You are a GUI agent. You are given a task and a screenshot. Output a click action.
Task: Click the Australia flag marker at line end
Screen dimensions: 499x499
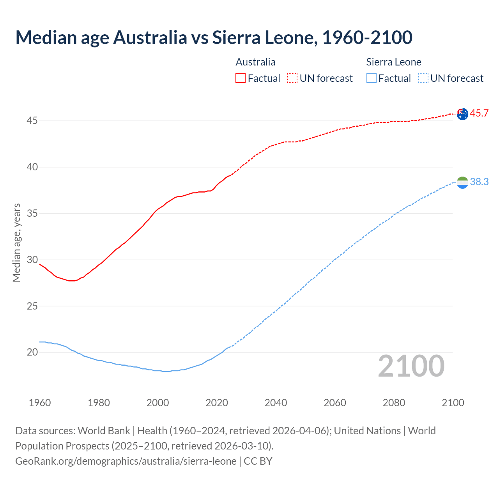pos(462,114)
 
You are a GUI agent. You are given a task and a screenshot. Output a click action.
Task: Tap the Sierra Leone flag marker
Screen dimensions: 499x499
pos(462,182)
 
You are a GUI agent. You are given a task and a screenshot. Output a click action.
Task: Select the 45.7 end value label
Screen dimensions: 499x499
pos(479,113)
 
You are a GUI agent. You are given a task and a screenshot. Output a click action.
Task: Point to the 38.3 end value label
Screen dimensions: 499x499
pos(479,182)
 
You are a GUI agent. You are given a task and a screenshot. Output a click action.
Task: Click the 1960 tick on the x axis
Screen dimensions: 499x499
pos(40,403)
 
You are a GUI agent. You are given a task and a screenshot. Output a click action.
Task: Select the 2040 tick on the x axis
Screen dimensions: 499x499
pos(276,403)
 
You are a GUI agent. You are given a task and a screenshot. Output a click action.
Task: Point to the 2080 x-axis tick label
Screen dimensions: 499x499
pos(394,403)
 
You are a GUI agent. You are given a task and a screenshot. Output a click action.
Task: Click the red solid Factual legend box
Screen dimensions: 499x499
pos(241,78)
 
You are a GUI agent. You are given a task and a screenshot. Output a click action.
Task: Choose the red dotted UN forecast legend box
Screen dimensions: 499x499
pos(292,78)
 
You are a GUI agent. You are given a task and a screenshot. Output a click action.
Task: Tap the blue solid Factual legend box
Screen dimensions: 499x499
pos(372,78)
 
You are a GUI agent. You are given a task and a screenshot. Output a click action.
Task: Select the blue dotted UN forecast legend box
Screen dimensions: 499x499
pos(423,78)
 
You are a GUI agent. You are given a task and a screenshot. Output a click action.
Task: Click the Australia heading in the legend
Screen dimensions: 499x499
pos(255,62)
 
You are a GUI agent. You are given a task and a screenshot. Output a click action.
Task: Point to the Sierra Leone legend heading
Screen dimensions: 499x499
pos(394,62)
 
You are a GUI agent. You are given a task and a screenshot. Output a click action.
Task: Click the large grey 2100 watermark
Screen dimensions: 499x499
pos(411,366)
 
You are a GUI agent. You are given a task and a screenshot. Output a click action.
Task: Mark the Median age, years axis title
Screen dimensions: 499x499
pos(16,242)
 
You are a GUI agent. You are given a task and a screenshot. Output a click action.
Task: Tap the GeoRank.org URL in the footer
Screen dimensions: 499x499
pos(126,461)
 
